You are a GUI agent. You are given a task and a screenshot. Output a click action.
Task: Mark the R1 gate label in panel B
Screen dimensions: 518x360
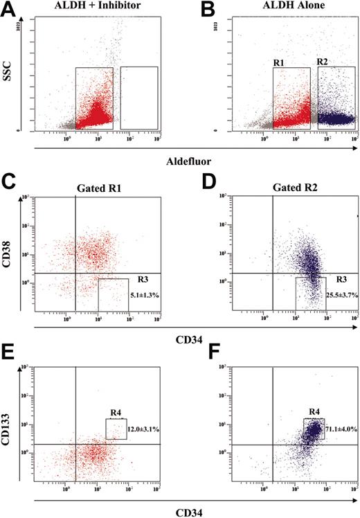(x=279, y=62)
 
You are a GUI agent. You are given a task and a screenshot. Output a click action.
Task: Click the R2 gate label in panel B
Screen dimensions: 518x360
(x=323, y=62)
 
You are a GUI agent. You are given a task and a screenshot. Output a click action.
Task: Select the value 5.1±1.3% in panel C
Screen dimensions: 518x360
(x=145, y=295)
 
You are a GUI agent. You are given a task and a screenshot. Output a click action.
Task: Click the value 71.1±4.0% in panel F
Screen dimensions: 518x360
(x=340, y=429)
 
